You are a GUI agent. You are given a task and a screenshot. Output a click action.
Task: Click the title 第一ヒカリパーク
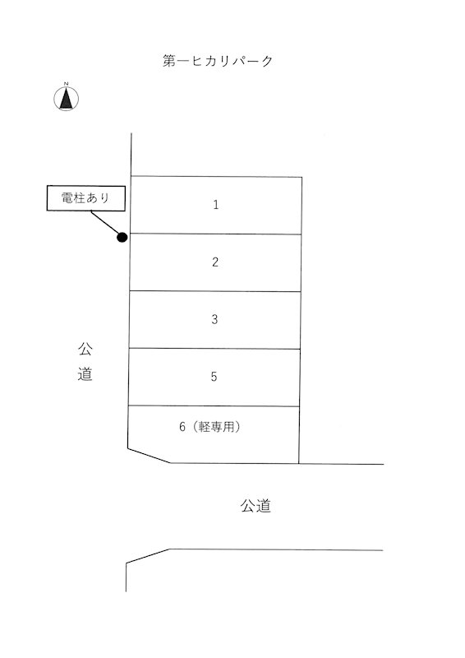click(x=218, y=61)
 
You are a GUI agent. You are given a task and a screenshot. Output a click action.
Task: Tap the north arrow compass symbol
click(x=66, y=99)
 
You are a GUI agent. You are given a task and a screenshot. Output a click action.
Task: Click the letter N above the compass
click(x=66, y=84)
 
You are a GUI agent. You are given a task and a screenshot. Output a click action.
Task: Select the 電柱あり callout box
click(x=86, y=198)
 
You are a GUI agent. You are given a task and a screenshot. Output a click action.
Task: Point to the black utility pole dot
click(x=122, y=238)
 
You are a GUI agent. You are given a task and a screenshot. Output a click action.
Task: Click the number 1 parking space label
click(x=215, y=205)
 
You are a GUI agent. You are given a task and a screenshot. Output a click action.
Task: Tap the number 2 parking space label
click(x=215, y=262)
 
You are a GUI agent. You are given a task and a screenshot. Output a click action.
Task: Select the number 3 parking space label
click(x=214, y=319)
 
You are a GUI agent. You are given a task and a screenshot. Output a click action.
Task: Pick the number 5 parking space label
click(x=214, y=377)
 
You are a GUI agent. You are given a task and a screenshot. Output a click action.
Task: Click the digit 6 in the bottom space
click(x=182, y=427)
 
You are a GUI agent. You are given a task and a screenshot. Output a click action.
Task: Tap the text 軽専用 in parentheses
click(x=216, y=427)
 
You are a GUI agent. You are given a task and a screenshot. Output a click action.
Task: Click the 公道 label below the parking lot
click(x=256, y=506)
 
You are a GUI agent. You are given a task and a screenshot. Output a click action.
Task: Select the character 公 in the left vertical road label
click(x=85, y=349)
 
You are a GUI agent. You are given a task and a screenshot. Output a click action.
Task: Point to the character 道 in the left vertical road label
click(x=85, y=373)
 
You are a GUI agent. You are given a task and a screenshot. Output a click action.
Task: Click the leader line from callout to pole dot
click(x=104, y=222)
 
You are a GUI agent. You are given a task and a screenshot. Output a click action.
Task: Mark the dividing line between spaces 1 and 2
click(x=215, y=234)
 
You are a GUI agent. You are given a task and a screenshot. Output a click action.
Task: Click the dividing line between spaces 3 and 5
click(x=214, y=348)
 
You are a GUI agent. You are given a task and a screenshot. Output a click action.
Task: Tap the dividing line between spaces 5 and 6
click(x=214, y=405)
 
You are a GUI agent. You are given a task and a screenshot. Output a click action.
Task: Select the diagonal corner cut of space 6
click(x=149, y=456)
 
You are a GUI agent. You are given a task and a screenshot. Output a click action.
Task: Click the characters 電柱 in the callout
click(x=74, y=197)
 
